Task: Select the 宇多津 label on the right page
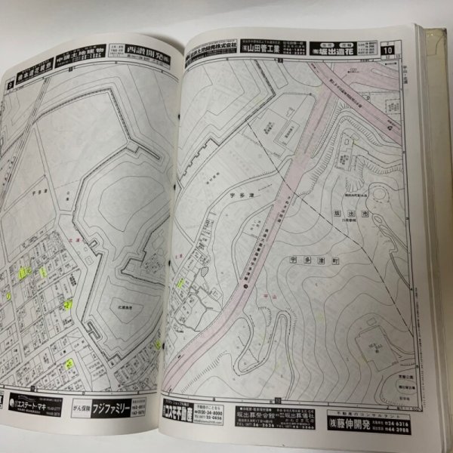click(239, 194)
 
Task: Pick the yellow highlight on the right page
click(181, 283)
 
